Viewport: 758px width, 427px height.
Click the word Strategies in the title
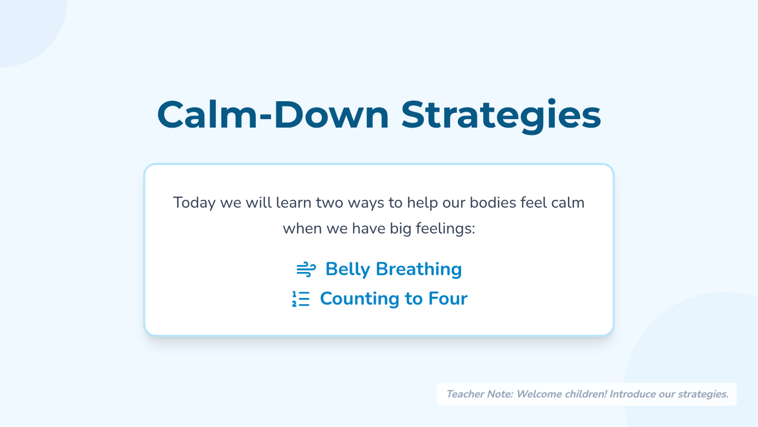(x=501, y=115)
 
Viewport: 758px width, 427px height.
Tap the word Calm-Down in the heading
(x=273, y=114)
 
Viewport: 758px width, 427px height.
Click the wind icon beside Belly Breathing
(x=306, y=269)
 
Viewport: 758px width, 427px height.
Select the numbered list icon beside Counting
(x=301, y=299)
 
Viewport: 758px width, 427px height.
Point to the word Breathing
(x=419, y=269)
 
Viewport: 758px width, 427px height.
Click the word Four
(x=448, y=299)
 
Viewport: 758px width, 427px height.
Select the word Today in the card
(x=195, y=203)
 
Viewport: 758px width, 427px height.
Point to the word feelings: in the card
(x=445, y=229)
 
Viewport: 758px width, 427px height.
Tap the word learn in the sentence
(x=294, y=202)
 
